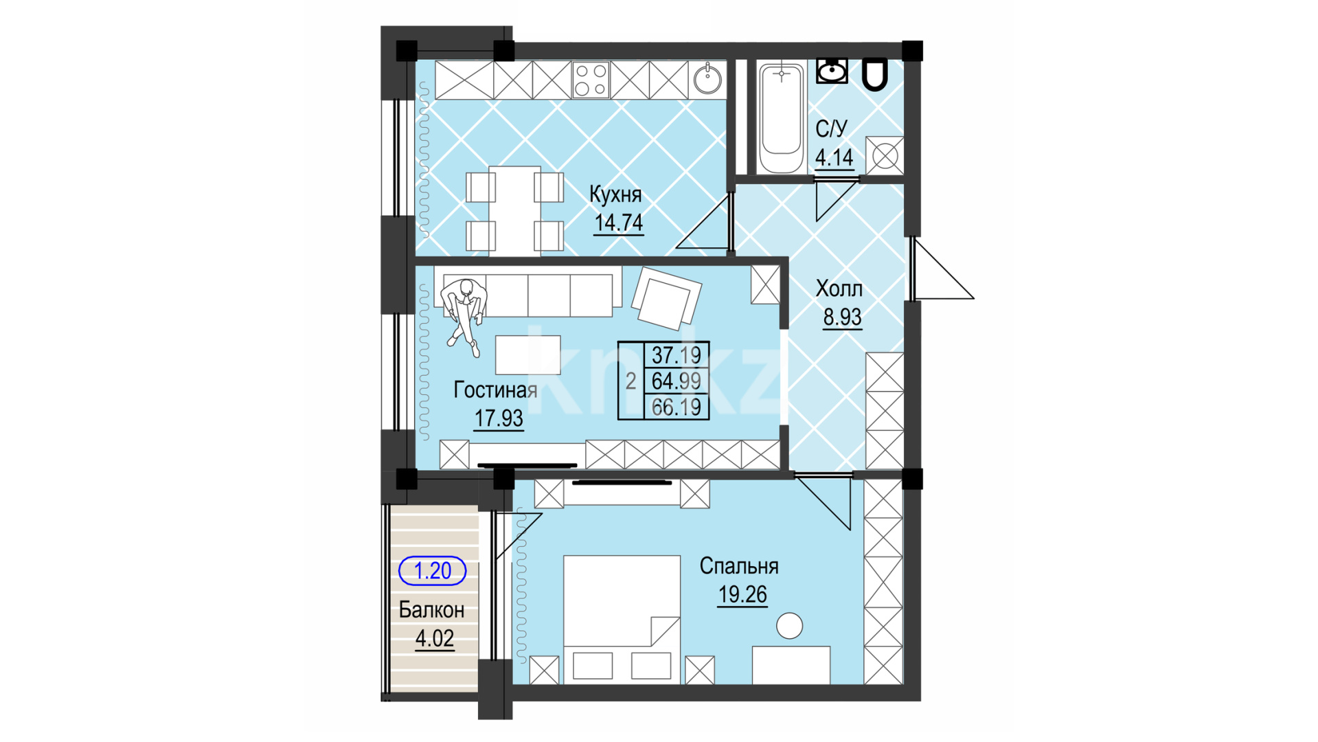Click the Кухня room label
pyautogui.click(x=615, y=195)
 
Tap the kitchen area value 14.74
pyautogui.click(x=619, y=223)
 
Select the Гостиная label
pyautogui.click(x=496, y=390)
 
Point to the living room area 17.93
pyautogui.click(x=499, y=418)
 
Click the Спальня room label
pyautogui.click(x=739, y=566)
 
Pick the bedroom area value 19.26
pyautogui.click(x=742, y=594)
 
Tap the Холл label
pyautogui.click(x=839, y=289)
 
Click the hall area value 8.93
pyautogui.click(x=842, y=317)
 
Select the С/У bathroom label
pyautogui.click(x=831, y=128)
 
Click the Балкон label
pyautogui.click(x=431, y=610)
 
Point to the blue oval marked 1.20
pyautogui.click(x=433, y=570)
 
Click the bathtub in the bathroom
pyautogui.click(x=781, y=117)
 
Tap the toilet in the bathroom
pyautogui.click(x=874, y=74)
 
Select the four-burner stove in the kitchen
pyautogui.click(x=591, y=80)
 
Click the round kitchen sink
pyautogui.click(x=707, y=80)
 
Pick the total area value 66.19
pyautogui.click(x=677, y=407)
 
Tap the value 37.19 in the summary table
pyautogui.click(x=677, y=355)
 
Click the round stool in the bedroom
pyautogui.click(x=789, y=626)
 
